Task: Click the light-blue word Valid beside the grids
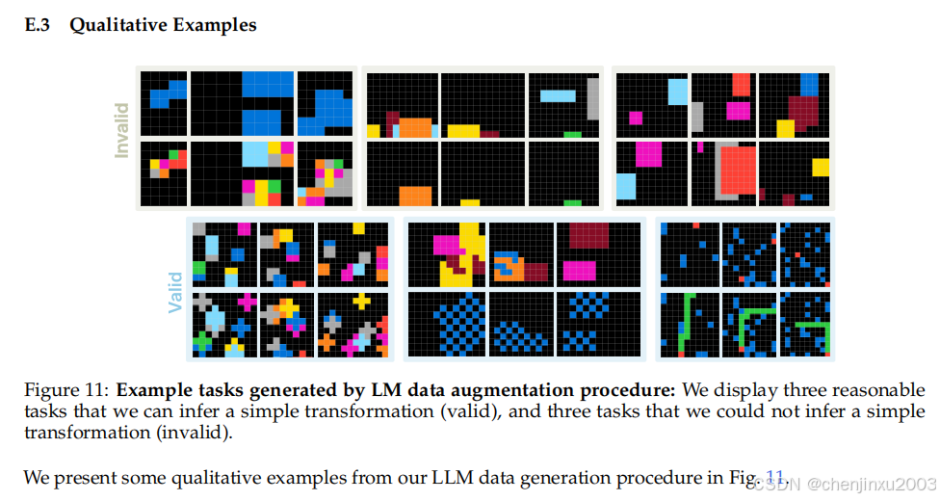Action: (175, 291)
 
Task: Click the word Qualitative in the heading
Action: (120, 25)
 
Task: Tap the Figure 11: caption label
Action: (65, 391)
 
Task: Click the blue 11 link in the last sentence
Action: (775, 476)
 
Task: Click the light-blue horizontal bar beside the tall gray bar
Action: (558, 95)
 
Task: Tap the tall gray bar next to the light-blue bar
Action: (593, 98)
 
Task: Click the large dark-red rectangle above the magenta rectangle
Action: (590, 237)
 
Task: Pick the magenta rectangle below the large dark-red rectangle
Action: (581, 270)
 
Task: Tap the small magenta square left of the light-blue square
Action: (636, 118)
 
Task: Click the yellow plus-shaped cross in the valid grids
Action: (361, 302)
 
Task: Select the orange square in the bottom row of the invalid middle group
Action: (415, 196)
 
